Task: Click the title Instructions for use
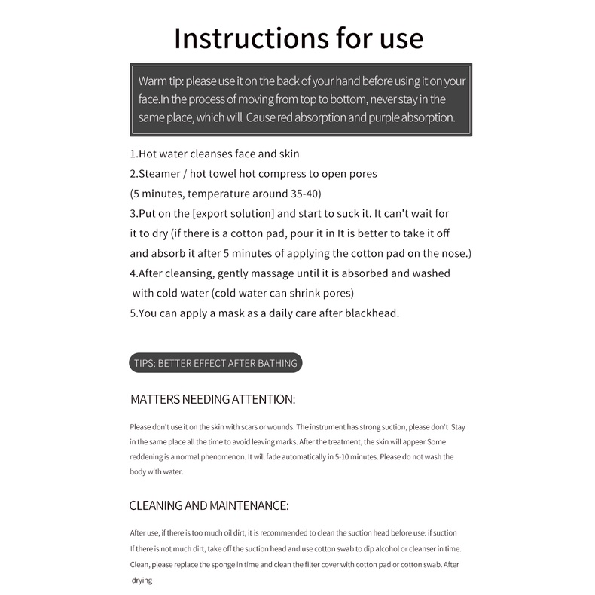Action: tap(298, 38)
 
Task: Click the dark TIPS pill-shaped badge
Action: tap(215, 363)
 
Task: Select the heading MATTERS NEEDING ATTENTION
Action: tap(212, 399)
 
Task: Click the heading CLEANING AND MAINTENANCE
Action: tap(209, 505)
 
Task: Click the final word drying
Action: tap(142, 580)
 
